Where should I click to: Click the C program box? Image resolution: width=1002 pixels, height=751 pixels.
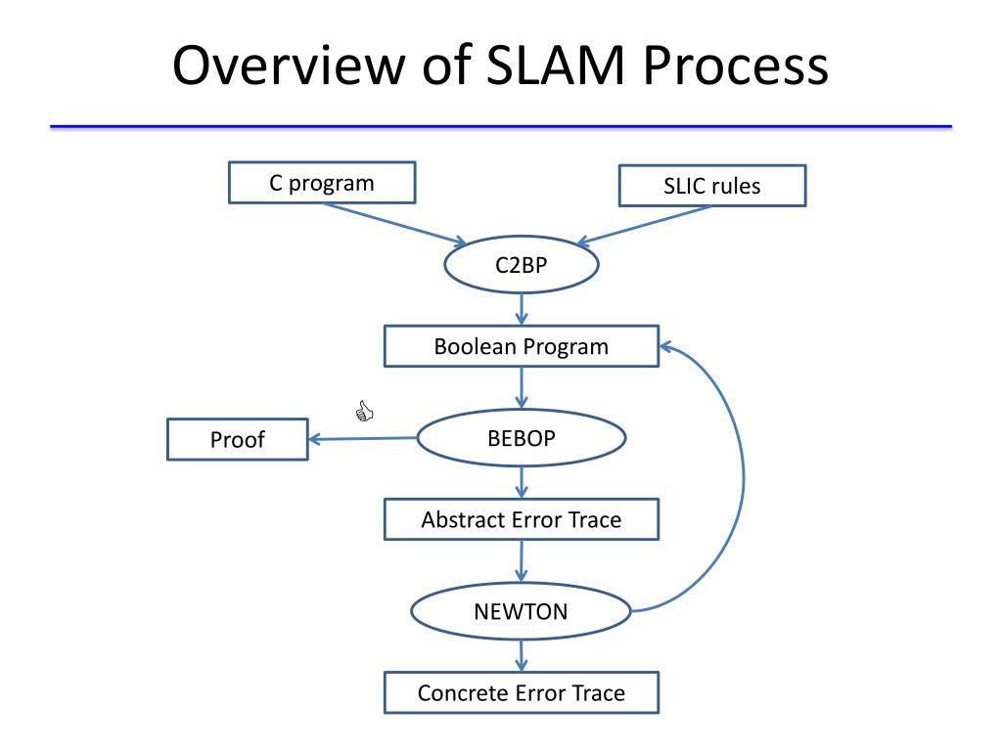(x=322, y=183)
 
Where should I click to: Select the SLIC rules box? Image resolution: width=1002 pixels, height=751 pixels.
(x=712, y=186)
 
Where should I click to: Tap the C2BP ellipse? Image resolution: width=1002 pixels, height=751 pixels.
(x=522, y=264)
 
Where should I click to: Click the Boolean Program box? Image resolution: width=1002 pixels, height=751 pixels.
(x=522, y=346)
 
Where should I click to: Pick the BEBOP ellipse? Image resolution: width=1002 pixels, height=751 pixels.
(x=522, y=438)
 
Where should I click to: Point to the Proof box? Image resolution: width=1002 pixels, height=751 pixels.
(x=238, y=439)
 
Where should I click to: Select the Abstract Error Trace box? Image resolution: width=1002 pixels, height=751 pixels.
(x=522, y=519)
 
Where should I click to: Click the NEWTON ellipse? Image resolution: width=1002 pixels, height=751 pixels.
(x=521, y=611)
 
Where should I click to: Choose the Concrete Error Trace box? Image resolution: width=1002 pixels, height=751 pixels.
(x=522, y=692)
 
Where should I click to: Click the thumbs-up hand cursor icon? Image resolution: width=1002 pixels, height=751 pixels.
(x=364, y=412)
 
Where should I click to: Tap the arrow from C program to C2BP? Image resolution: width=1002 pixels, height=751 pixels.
(x=395, y=224)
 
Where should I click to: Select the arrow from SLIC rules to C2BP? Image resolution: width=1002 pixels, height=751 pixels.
(x=644, y=225)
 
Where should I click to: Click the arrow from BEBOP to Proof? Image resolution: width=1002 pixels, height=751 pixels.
(x=363, y=439)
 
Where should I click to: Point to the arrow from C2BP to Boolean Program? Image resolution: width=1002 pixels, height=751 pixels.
(x=522, y=309)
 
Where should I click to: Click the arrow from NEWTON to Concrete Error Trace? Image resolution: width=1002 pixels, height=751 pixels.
(x=522, y=656)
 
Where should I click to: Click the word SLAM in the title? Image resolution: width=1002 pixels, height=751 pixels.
(x=556, y=66)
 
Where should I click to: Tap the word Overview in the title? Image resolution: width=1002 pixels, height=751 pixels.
(x=289, y=66)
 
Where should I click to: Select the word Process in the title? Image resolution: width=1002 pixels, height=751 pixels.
(x=736, y=66)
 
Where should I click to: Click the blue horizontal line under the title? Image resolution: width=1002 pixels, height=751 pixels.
(x=501, y=127)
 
